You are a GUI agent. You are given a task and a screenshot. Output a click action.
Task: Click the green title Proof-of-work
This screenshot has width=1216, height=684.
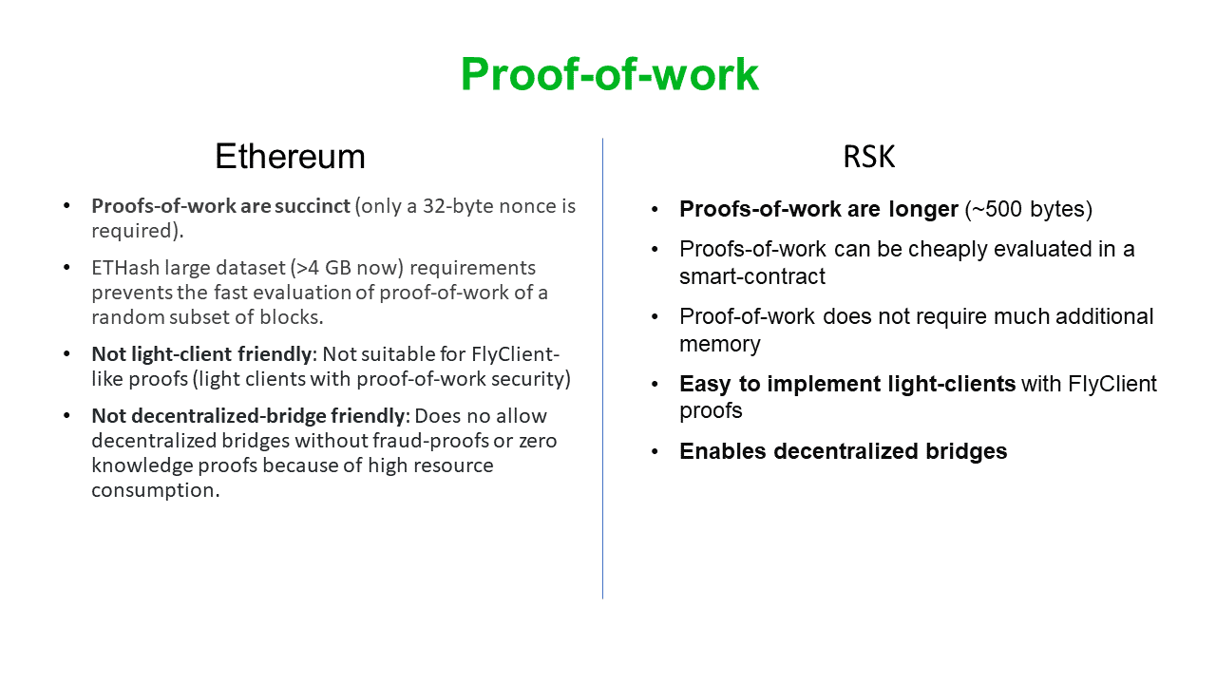[609, 74]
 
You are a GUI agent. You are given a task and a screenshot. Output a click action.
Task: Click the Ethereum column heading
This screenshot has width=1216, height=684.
[290, 157]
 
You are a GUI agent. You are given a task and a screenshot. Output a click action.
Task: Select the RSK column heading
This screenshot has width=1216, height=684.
[868, 157]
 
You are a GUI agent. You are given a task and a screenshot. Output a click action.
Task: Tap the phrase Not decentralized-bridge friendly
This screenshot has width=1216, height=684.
[248, 416]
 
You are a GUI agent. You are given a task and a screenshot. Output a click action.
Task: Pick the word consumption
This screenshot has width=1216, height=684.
[155, 490]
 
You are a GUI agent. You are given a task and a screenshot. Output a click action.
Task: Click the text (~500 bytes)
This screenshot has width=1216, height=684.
[1029, 210]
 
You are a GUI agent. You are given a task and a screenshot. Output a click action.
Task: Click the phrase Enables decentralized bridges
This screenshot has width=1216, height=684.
[843, 451]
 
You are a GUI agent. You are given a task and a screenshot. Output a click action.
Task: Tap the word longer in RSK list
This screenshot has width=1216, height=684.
[921, 210]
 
